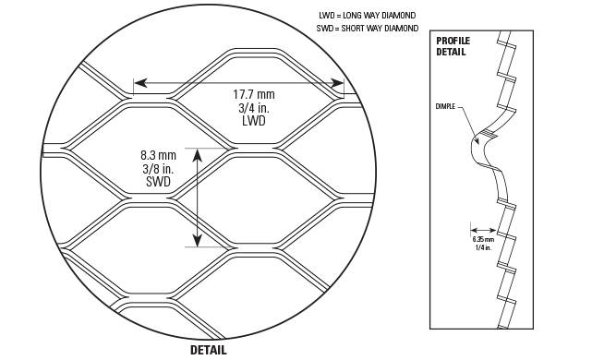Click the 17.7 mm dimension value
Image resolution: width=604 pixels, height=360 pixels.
click(x=254, y=94)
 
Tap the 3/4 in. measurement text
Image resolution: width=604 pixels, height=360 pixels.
click(x=254, y=108)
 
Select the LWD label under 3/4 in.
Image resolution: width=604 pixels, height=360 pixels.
click(x=254, y=121)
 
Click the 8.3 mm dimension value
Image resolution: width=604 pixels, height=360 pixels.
click(x=158, y=156)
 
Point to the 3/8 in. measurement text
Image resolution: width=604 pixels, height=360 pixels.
click(x=158, y=169)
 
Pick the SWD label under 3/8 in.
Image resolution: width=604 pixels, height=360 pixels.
click(x=158, y=182)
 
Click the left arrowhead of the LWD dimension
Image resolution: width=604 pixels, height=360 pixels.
click(x=140, y=83)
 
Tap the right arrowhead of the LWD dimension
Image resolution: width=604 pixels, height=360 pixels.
click(x=337, y=83)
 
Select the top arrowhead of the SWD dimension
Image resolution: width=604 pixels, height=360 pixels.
click(x=198, y=155)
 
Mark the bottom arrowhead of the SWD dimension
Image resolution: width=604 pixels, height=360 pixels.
click(x=198, y=240)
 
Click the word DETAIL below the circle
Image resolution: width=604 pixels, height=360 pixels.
click(x=209, y=350)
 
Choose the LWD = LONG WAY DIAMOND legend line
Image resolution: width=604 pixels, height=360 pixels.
click(x=368, y=16)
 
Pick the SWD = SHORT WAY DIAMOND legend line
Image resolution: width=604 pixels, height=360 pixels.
click(x=368, y=28)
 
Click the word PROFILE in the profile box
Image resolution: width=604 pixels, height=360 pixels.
click(x=453, y=41)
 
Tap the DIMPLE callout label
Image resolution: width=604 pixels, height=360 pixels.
click(x=445, y=106)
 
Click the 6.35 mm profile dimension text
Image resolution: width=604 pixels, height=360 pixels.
click(x=483, y=239)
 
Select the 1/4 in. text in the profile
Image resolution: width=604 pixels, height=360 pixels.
click(x=483, y=247)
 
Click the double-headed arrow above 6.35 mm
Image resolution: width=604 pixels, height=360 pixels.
click(x=483, y=230)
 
